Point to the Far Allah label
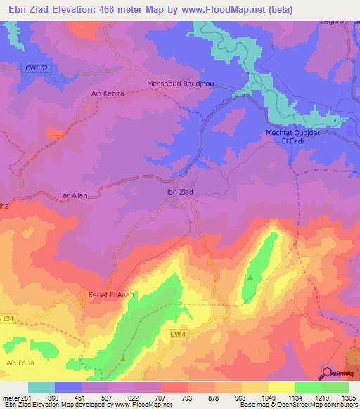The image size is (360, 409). tap(73, 195)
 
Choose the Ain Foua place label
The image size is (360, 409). tap(20, 363)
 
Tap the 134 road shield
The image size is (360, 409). tap(7, 318)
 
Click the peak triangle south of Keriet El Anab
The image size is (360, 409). tap(124, 358)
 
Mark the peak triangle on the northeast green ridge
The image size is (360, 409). tap(250, 279)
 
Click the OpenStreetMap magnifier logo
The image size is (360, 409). tap(326, 372)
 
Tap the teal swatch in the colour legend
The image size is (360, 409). tap(41, 388)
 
